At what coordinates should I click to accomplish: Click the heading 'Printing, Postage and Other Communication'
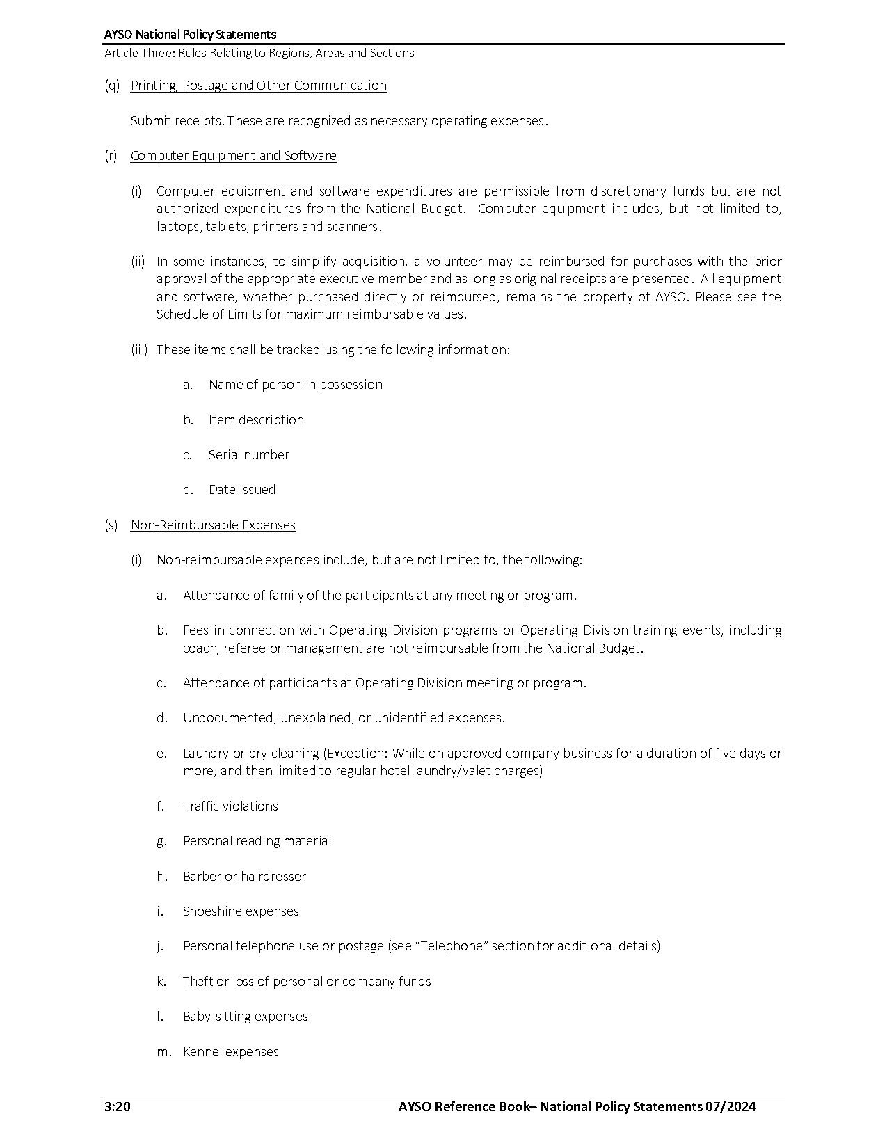click(x=258, y=86)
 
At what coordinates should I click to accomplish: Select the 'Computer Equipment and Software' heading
click(x=233, y=156)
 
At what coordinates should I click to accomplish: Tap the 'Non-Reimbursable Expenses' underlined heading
click(x=213, y=525)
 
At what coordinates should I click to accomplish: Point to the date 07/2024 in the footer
click(x=730, y=1107)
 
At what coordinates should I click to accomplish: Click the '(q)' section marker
click(x=111, y=86)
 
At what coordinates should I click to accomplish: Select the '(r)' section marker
click(x=111, y=156)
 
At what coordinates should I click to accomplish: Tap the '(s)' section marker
click(x=111, y=525)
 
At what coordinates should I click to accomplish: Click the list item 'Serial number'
click(x=248, y=454)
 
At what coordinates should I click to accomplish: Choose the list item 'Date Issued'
click(x=241, y=489)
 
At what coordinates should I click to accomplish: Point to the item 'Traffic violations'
click(x=230, y=806)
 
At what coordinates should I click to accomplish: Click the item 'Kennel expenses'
click(x=230, y=1051)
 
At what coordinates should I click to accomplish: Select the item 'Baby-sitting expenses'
click(x=245, y=1016)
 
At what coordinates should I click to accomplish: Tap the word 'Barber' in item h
click(x=201, y=876)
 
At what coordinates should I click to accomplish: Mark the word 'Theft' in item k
click(x=198, y=981)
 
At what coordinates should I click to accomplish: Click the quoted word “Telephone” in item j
click(x=452, y=946)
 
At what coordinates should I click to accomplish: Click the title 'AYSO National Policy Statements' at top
click(x=190, y=34)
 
